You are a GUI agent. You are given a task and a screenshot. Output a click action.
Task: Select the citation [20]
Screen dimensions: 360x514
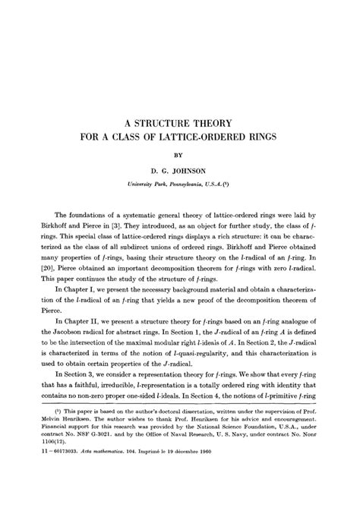[x=37, y=268]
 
